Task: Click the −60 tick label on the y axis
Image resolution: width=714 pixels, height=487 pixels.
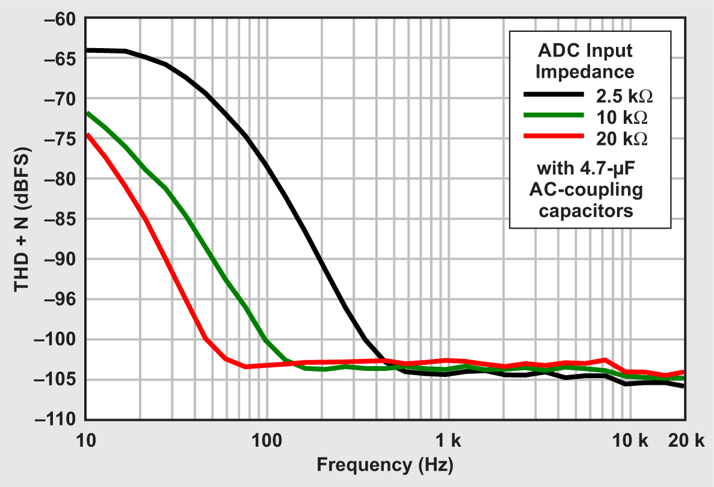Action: click(59, 19)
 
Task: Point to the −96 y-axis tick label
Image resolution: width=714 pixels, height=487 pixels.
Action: click(59, 299)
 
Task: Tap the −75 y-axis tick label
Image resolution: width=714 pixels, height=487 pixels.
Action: click(59, 139)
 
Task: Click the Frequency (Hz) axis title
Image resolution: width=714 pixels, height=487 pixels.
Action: click(385, 465)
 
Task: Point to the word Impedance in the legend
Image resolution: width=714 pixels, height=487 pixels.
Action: click(585, 72)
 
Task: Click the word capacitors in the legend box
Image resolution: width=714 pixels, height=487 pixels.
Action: click(585, 211)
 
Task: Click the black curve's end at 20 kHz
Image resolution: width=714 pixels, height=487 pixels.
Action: click(685, 386)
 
